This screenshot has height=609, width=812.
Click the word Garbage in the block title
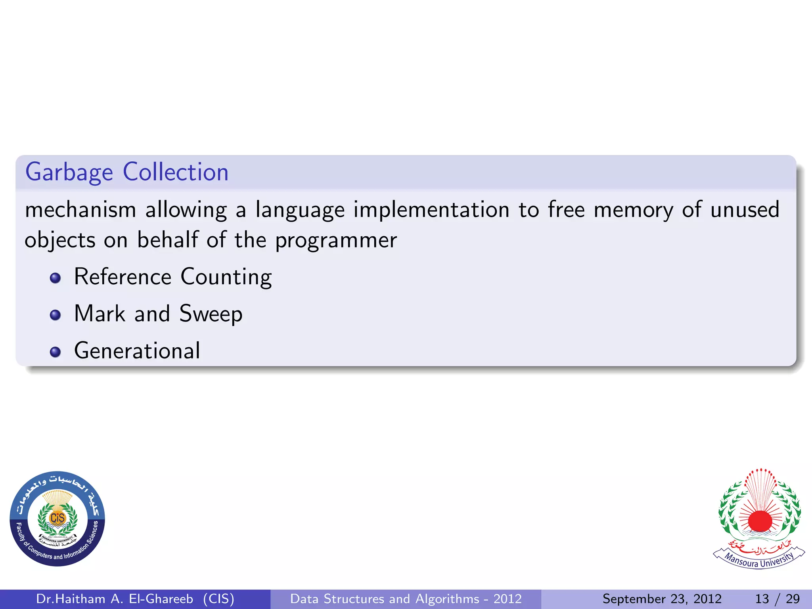[x=69, y=172]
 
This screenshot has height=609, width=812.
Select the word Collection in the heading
[x=176, y=172]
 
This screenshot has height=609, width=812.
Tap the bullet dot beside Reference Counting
[x=56, y=278]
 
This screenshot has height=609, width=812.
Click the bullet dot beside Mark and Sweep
[x=56, y=315]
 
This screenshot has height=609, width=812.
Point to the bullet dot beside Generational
[x=56, y=352]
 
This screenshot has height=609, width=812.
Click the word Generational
[x=137, y=351]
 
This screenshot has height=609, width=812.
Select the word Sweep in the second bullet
[x=211, y=314]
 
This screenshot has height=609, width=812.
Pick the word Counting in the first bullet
[x=226, y=277]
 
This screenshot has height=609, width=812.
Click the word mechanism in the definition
[x=80, y=210]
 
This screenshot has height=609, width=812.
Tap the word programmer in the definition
[x=336, y=241]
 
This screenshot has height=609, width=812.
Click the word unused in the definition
[x=745, y=210]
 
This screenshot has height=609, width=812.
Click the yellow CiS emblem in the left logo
[x=57, y=518]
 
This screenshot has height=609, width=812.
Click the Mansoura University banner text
[x=759, y=559]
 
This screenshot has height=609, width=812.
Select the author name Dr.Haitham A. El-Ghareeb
[x=115, y=599]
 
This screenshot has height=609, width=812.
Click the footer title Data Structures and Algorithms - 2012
[x=406, y=599]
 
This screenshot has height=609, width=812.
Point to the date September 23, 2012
[x=662, y=599]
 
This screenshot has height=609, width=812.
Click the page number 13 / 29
[x=777, y=599]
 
